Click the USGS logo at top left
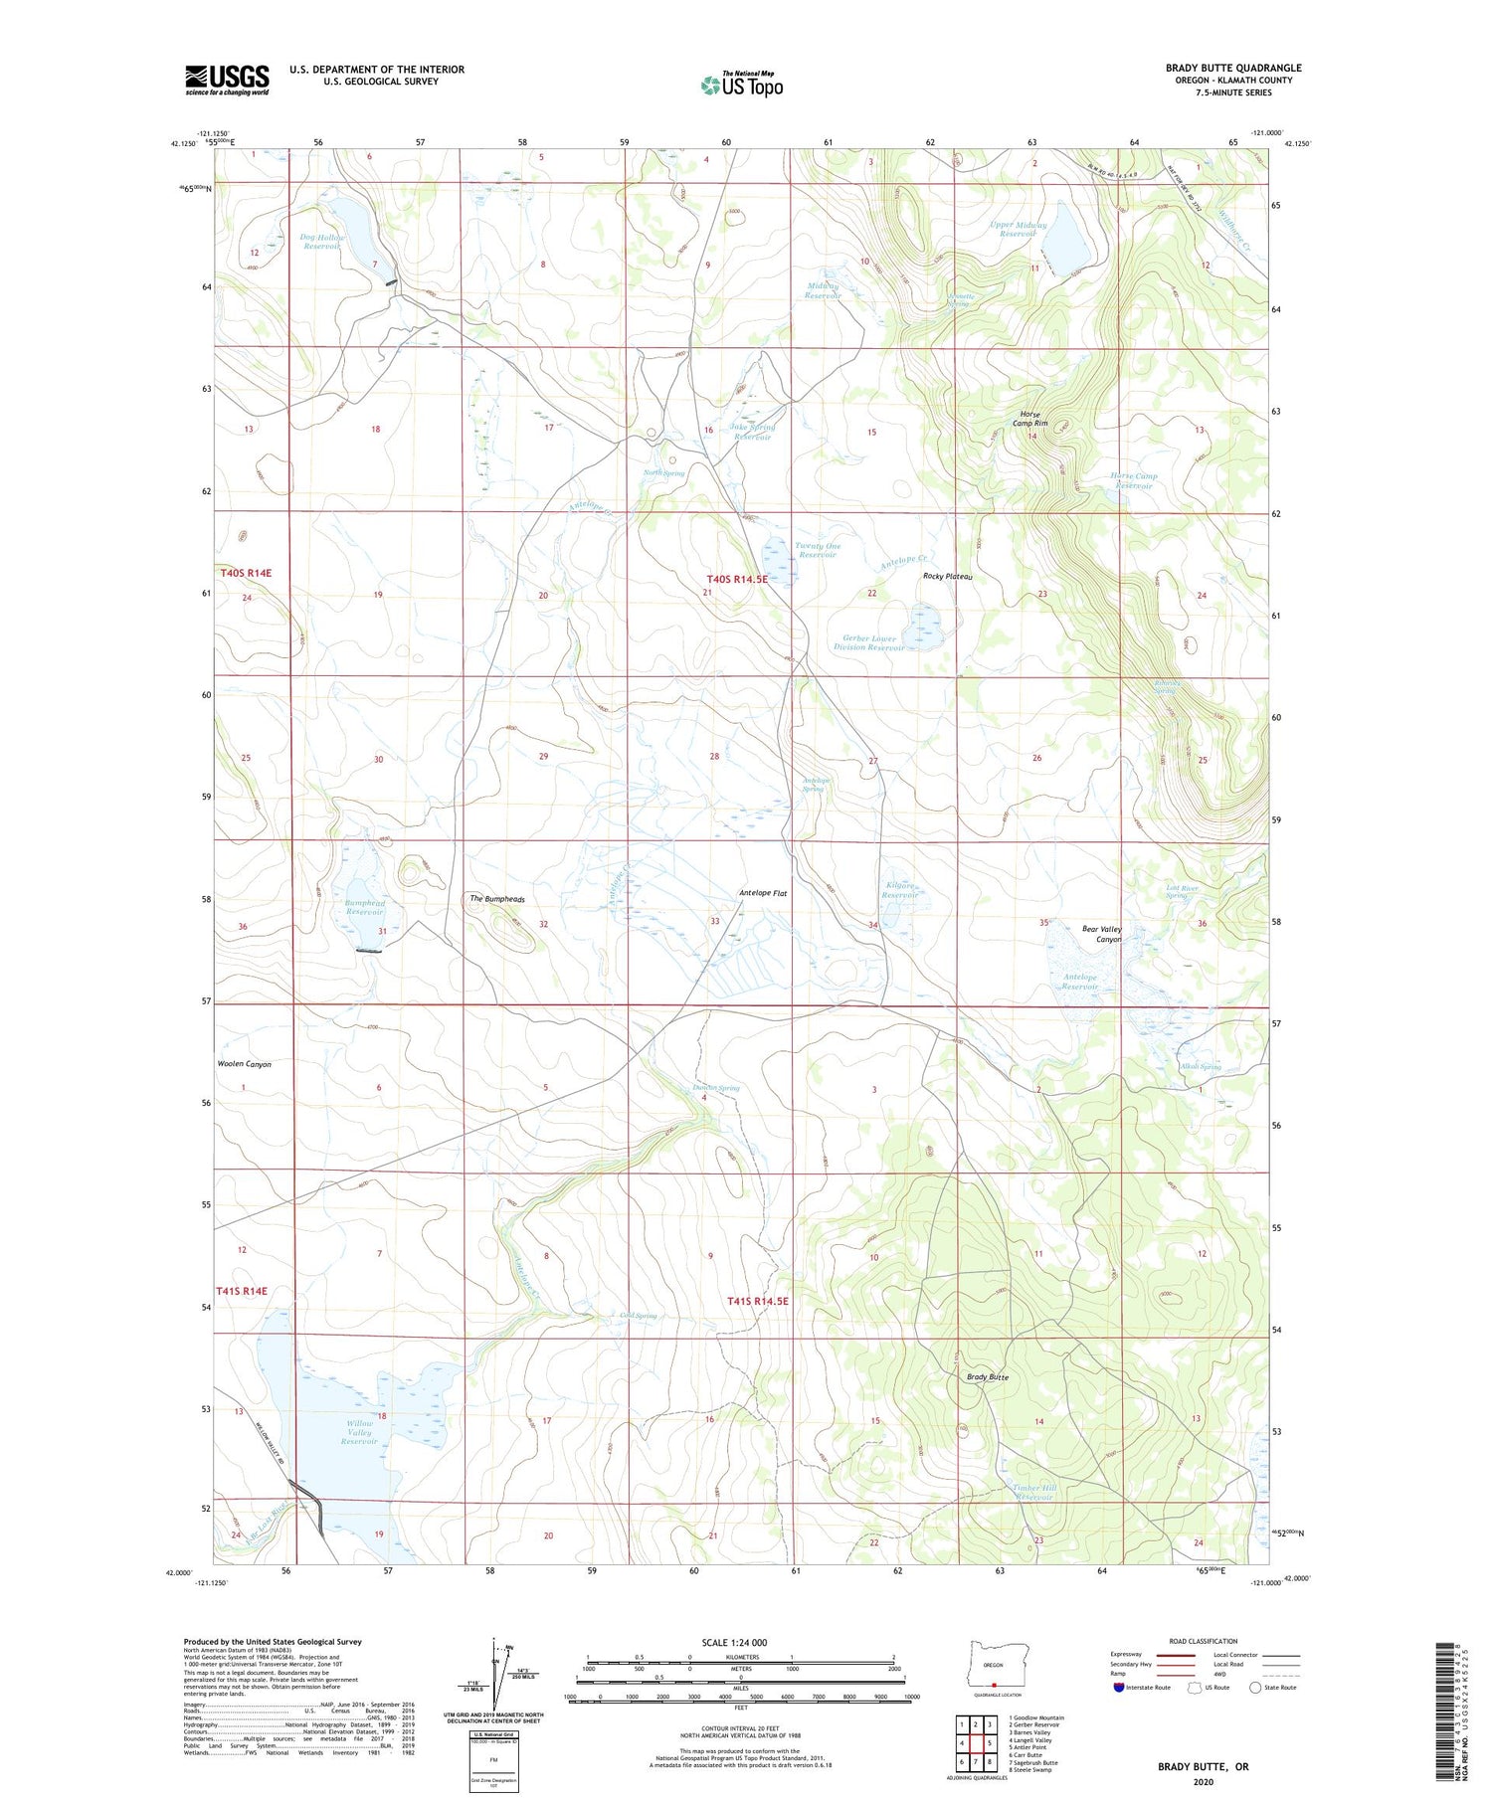click(227, 80)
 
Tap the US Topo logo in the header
click(742, 85)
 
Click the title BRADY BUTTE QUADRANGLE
click(1232, 68)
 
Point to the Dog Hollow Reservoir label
click(322, 241)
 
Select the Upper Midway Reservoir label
click(1018, 230)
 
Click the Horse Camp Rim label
click(1030, 419)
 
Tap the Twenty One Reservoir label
click(818, 550)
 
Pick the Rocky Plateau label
click(947, 577)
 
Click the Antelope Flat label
click(763, 893)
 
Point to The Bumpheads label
click(497, 899)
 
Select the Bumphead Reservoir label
click(365, 907)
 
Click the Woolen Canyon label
click(245, 1064)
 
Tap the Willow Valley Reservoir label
click(359, 1432)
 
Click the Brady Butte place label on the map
click(988, 1377)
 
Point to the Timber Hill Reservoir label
click(1033, 1493)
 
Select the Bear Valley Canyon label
click(1101, 934)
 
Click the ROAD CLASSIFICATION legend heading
click(1204, 1641)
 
